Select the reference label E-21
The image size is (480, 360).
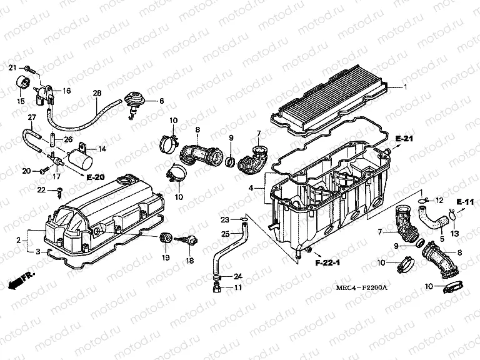(404, 139)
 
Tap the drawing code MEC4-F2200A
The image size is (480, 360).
(361, 287)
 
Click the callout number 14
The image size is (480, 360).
(102, 149)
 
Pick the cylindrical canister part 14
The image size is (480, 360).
(80, 157)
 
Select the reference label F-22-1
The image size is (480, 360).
(327, 262)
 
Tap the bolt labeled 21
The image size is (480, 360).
(30, 69)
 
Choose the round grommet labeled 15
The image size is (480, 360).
(22, 82)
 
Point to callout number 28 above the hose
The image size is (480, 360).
(97, 92)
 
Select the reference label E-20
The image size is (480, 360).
(96, 177)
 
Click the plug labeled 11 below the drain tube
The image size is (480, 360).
(216, 287)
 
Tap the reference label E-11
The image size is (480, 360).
(465, 202)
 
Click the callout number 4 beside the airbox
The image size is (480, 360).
(251, 187)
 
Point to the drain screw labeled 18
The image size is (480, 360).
(189, 240)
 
